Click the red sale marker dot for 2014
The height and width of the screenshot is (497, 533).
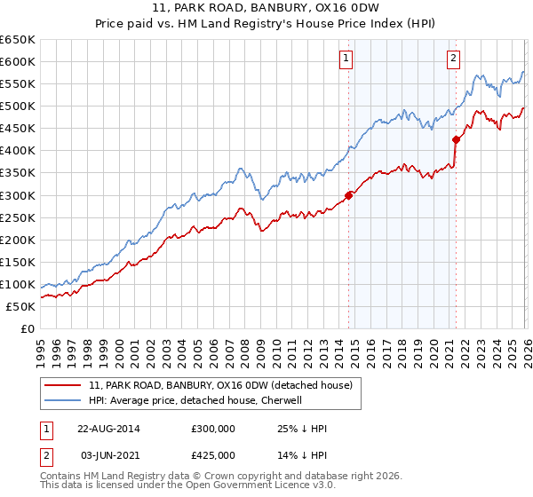click(348, 195)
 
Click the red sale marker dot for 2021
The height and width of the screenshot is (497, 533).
click(456, 139)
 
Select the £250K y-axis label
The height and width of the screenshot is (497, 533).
click(17, 217)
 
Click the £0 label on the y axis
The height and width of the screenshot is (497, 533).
click(26, 328)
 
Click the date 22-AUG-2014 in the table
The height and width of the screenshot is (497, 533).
click(108, 429)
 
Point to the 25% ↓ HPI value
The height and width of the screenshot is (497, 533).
click(302, 429)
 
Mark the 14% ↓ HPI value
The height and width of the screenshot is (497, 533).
click(302, 455)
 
